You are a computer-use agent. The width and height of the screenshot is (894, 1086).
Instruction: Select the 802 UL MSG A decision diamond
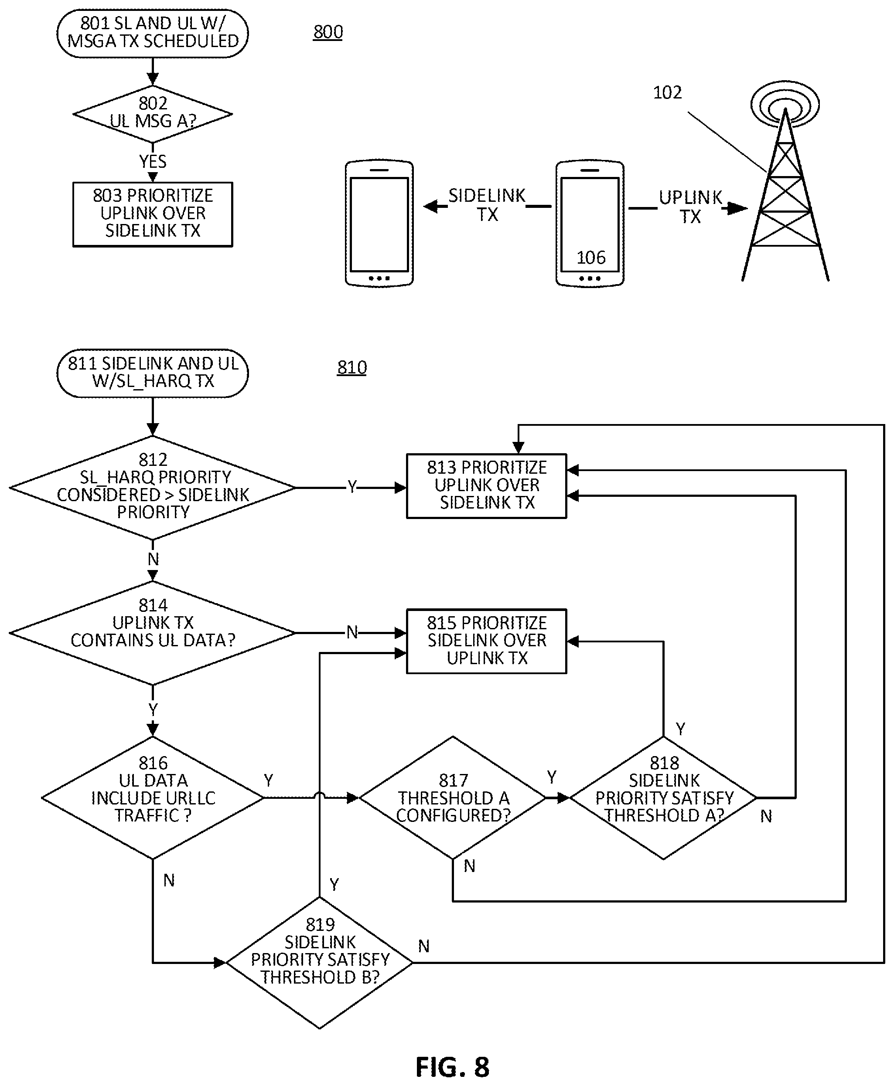pos(153,114)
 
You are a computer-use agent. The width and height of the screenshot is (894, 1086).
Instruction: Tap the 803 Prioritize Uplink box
pos(153,214)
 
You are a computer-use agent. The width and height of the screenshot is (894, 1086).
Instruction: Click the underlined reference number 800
pos(328,32)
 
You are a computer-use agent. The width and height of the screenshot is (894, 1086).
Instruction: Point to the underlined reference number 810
pos(352,367)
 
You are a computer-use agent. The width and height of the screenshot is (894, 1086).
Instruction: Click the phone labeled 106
pos(590,224)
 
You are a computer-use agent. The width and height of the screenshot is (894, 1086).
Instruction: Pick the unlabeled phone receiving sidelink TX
pos(379,224)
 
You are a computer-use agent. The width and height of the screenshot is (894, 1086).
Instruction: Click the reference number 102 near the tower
pos(667,93)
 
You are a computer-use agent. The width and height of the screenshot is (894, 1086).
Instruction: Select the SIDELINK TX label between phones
pos(487,205)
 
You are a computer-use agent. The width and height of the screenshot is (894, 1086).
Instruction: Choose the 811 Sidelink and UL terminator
pos(153,373)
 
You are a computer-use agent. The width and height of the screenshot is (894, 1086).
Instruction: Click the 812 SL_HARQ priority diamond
pos(153,487)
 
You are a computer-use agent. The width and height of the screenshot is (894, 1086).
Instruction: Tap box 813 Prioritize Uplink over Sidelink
pos(486,485)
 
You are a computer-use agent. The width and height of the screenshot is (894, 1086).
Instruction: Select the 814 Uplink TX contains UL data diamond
pos(153,632)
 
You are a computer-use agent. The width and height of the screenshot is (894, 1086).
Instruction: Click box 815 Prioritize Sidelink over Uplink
pos(486,641)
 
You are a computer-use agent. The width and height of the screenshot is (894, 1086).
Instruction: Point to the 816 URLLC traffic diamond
pos(153,797)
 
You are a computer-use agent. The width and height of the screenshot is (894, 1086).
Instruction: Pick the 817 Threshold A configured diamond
pos(453,797)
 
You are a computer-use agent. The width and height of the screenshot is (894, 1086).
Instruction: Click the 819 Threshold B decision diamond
pos(319,962)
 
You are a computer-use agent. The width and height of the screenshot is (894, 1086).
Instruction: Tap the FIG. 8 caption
pos(452,1067)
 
